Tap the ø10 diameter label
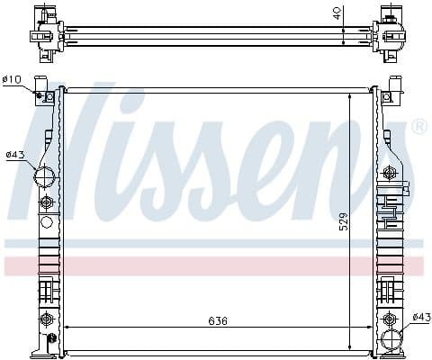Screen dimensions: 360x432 pyautogui.click(x=12, y=80)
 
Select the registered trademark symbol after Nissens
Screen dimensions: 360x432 pyautogui.click(x=419, y=128)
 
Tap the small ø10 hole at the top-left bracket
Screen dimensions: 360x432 pyautogui.click(x=40, y=96)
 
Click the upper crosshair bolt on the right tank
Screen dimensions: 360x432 pyautogui.click(x=390, y=171)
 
